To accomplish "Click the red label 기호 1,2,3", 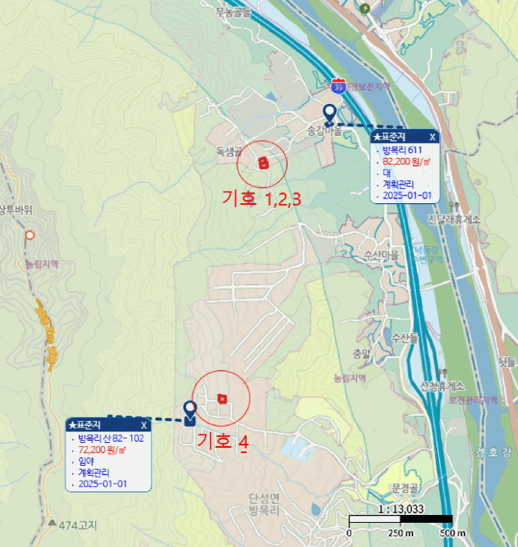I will pos(261,199).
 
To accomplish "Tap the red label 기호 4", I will pos(223,442).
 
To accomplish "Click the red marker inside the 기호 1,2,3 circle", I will pos(263,163).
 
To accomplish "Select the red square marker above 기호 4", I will pos(223,399).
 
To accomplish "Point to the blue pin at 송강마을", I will pos(330,114).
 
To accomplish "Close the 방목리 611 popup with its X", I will pos(433,138).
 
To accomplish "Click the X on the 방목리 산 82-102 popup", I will pos(144,425).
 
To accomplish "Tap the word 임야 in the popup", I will pos(86,461).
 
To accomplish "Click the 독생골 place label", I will pos(229,150).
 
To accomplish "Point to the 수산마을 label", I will pos(380,256).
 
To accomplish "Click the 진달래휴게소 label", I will pos(453,220).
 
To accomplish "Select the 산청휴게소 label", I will pos(442,386).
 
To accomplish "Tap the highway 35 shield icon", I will pos(338,84).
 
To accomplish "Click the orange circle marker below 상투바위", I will pos(30,234).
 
